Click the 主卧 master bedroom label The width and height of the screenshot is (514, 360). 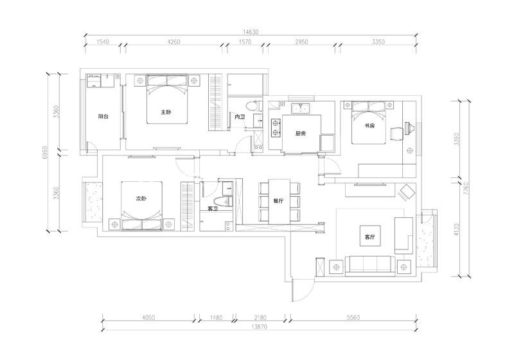point(166,112)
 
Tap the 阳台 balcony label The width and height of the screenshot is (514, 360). point(103,116)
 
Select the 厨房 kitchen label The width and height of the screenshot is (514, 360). point(301,134)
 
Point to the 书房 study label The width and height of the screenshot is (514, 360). point(369,125)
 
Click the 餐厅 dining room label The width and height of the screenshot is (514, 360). point(278,201)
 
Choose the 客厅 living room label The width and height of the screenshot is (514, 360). point(370,237)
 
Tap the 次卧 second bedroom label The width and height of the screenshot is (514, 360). point(141,199)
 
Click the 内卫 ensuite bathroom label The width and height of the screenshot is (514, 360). point(240,117)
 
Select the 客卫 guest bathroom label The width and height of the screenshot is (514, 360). point(213,208)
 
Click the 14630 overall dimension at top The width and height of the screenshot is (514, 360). point(251,32)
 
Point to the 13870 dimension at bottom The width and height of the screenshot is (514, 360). point(260,327)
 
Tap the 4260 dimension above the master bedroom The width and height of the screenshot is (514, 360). point(173,42)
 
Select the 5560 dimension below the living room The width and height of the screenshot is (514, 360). point(353,318)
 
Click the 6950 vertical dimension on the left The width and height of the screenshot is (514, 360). point(46,152)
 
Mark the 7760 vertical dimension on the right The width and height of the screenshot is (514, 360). point(467,188)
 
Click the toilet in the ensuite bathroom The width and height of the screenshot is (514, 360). point(253,105)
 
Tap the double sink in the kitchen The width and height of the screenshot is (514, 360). point(300,108)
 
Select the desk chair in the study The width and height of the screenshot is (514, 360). point(396,134)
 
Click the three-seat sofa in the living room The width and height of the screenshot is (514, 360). point(370,264)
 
